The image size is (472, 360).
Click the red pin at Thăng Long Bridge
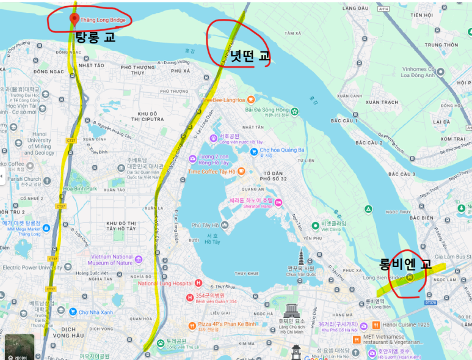(x=74, y=19)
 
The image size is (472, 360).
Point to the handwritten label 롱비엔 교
(x=405, y=264)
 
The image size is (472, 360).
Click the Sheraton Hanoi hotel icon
(x=278, y=202)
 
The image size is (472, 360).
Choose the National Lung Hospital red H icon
(x=198, y=283)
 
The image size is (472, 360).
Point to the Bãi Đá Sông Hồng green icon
(x=295, y=111)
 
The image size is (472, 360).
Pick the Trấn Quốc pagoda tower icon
(x=300, y=257)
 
